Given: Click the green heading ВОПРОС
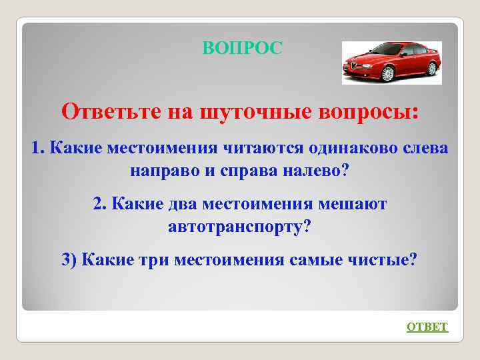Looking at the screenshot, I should (242, 48).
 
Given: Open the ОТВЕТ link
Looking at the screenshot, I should (427, 327).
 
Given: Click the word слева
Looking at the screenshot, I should (425, 147).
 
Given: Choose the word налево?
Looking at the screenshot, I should (320, 170).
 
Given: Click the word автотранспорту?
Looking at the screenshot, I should (239, 227).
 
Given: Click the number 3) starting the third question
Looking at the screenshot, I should (69, 260).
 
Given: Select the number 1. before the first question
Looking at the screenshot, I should (38, 147).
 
